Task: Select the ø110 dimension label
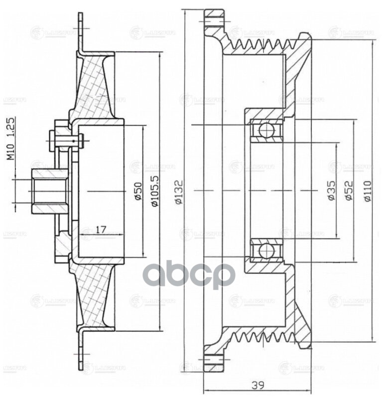pyautogui.click(x=367, y=190)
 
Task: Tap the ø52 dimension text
pyautogui.click(x=349, y=190)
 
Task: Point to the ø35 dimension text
pyautogui.click(x=332, y=190)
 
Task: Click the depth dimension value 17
pyautogui.click(x=101, y=229)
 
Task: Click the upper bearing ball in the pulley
pyautogui.click(x=266, y=131)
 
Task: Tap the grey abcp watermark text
pyautogui.click(x=189, y=274)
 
